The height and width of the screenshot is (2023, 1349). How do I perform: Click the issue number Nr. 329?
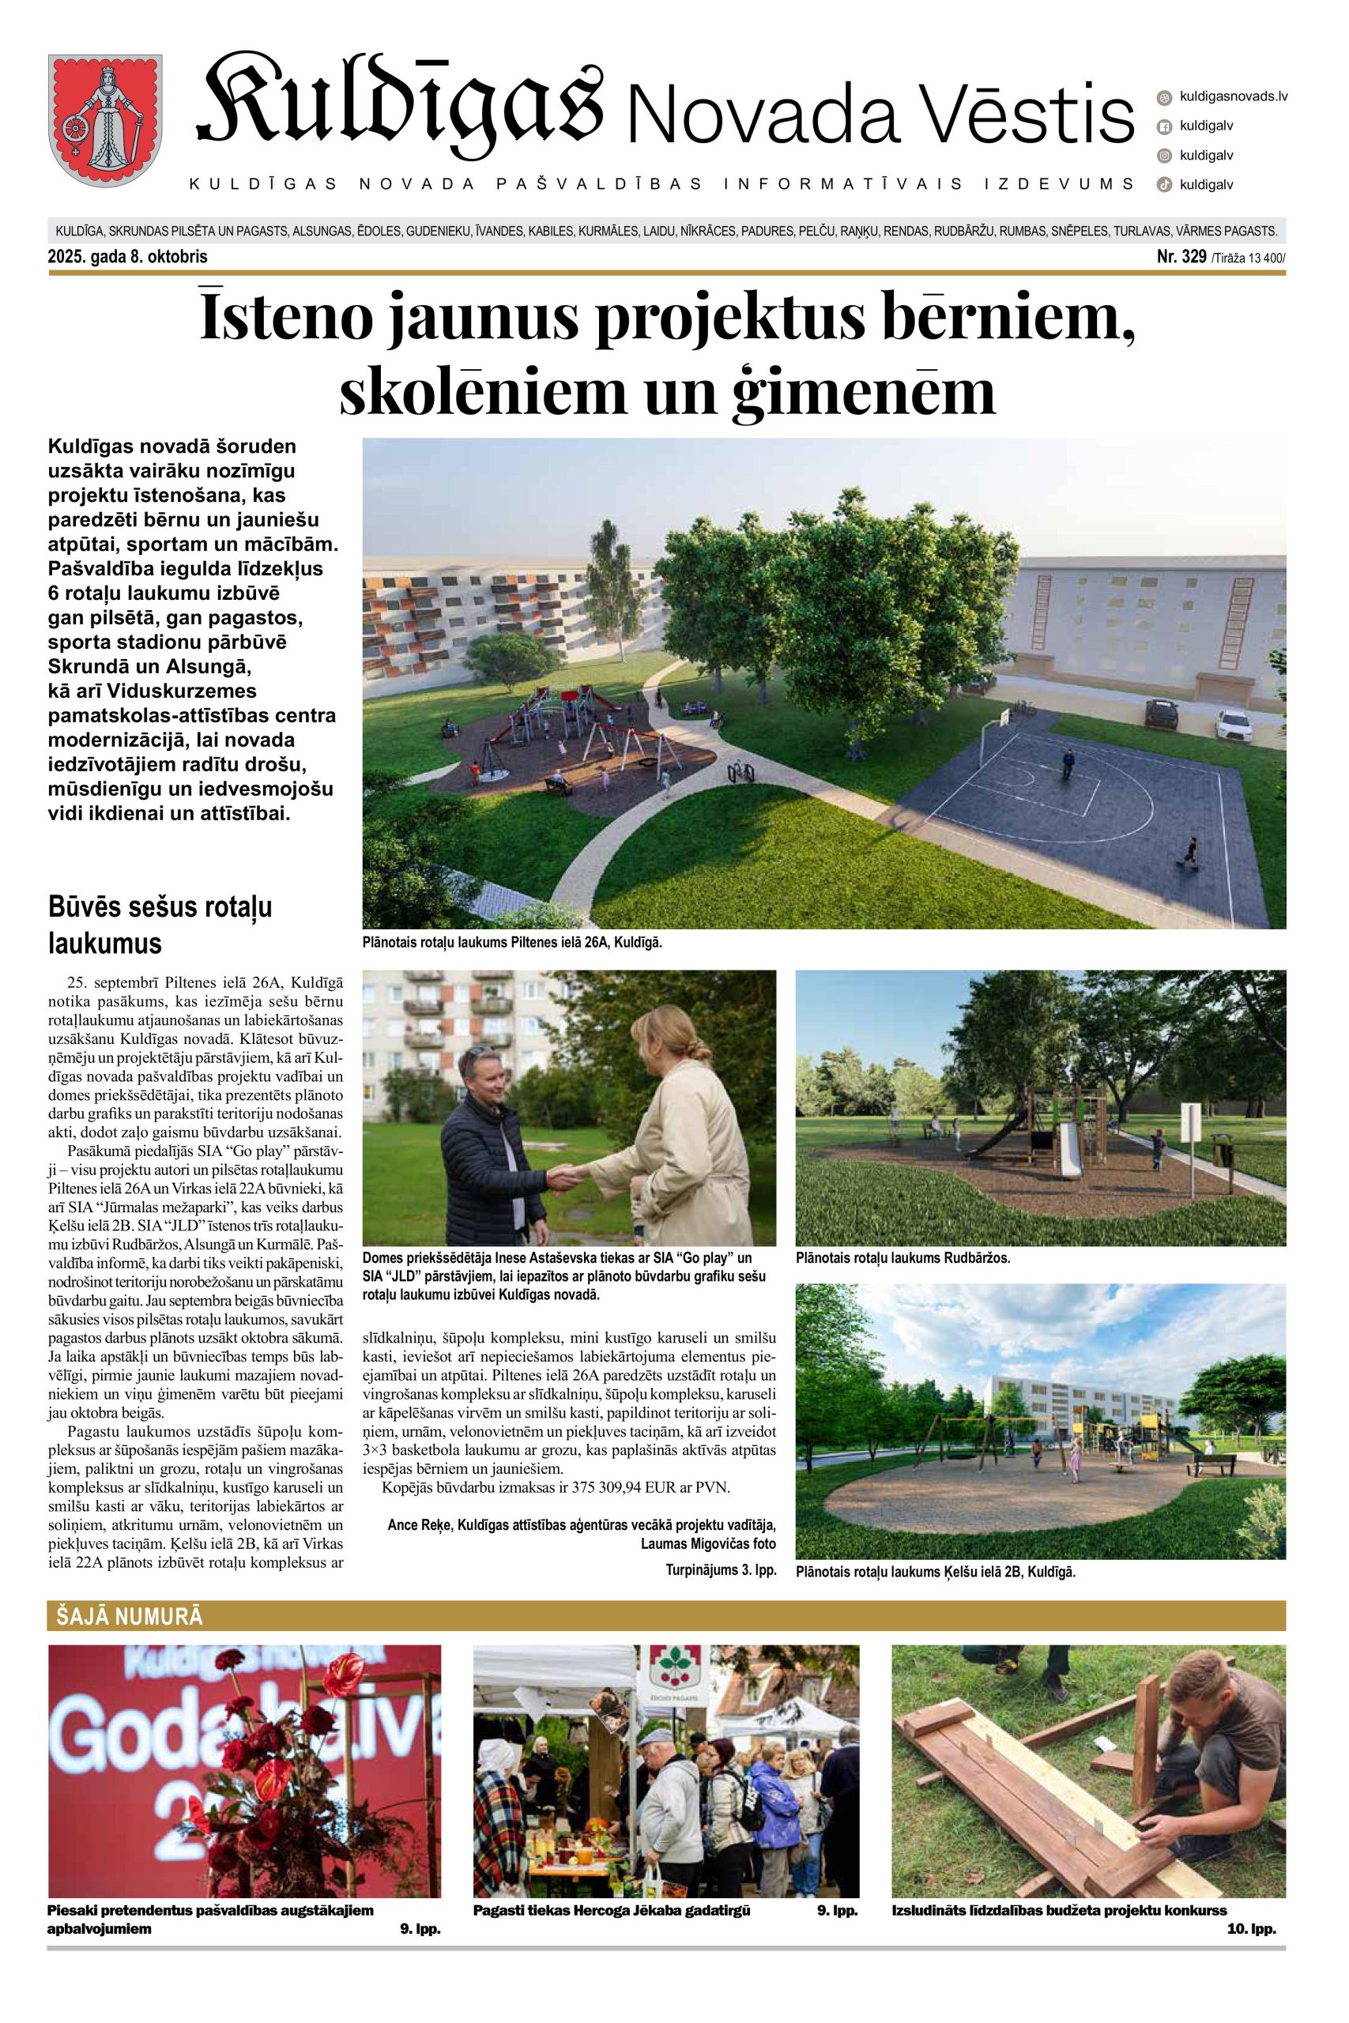pyautogui.click(x=1182, y=256)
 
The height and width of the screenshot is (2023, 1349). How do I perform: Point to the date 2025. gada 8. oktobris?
pyautogui.click(x=127, y=256)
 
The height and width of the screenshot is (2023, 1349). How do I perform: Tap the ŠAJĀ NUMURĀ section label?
pyautogui.click(x=126, y=1616)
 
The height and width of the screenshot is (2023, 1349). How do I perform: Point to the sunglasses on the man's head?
pyautogui.click(x=481, y=1051)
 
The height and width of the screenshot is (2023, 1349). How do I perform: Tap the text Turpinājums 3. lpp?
pyautogui.click(x=721, y=1569)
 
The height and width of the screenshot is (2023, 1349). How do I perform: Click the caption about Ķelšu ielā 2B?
pyautogui.click(x=935, y=1572)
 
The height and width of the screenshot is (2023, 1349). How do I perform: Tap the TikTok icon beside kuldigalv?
pyautogui.click(x=1164, y=184)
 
